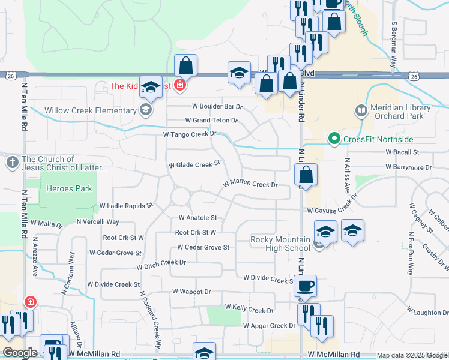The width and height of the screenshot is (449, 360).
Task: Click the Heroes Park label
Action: [69, 188]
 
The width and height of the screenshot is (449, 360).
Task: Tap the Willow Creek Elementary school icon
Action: [144, 110]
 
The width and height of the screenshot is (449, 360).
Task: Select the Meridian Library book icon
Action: [361, 110]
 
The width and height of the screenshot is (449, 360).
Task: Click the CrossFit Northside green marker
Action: [334, 139]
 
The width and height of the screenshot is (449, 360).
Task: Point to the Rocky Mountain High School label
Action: [280, 244]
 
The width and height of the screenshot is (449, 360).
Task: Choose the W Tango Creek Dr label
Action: [189, 134]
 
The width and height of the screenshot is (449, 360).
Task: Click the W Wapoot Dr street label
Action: [191, 292]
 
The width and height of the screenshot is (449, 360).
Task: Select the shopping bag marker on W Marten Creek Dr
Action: [306, 175]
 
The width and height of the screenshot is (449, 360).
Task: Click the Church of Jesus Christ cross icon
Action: [12, 163]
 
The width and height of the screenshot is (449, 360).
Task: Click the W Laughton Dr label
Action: [427, 312]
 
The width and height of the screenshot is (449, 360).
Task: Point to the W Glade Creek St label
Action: [194, 164]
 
